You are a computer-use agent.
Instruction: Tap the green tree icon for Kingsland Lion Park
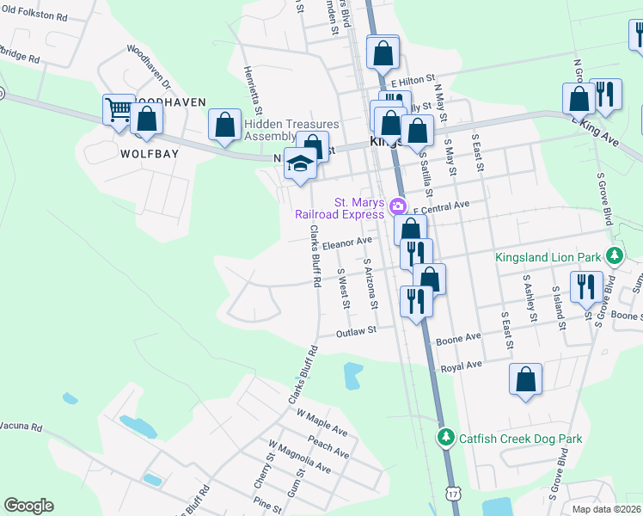pos(614,256)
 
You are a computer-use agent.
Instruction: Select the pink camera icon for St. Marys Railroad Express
pos(397,206)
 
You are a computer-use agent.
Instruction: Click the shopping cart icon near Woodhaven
pos(119,109)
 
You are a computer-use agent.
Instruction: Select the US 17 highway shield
pos(453,493)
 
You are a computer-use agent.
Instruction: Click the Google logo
pos(28,506)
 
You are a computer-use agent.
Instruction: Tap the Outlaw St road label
pos(357,331)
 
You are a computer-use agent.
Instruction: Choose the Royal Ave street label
pos(461,365)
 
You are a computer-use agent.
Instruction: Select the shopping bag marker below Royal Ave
pos(525,379)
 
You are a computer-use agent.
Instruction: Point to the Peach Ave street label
pos(328,446)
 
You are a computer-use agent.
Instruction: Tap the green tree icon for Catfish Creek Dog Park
pos(445,439)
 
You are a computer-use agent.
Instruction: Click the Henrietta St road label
pos(253,89)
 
